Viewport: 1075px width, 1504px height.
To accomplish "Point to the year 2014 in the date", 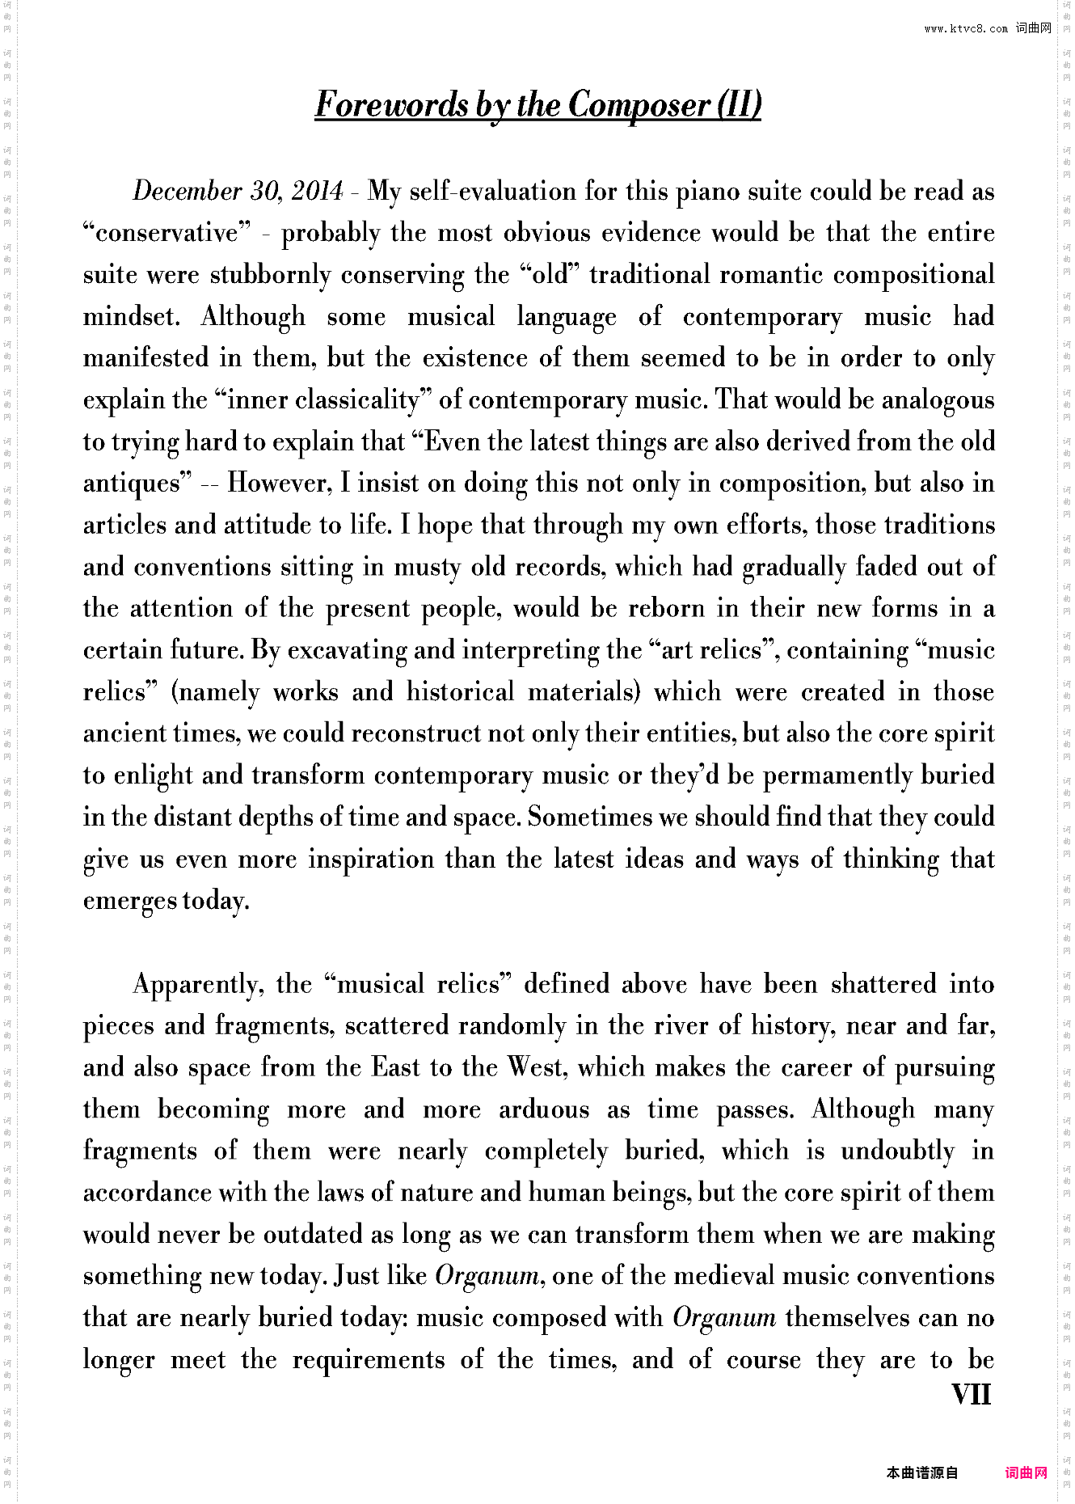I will (317, 192).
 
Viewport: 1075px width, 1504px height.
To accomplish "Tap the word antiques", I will (132, 484).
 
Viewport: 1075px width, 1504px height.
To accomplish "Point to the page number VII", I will (972, 1394).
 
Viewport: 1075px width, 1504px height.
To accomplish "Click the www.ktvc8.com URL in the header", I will (966, 29).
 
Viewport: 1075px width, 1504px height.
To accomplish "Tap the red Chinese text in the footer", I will (1026, 1472).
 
